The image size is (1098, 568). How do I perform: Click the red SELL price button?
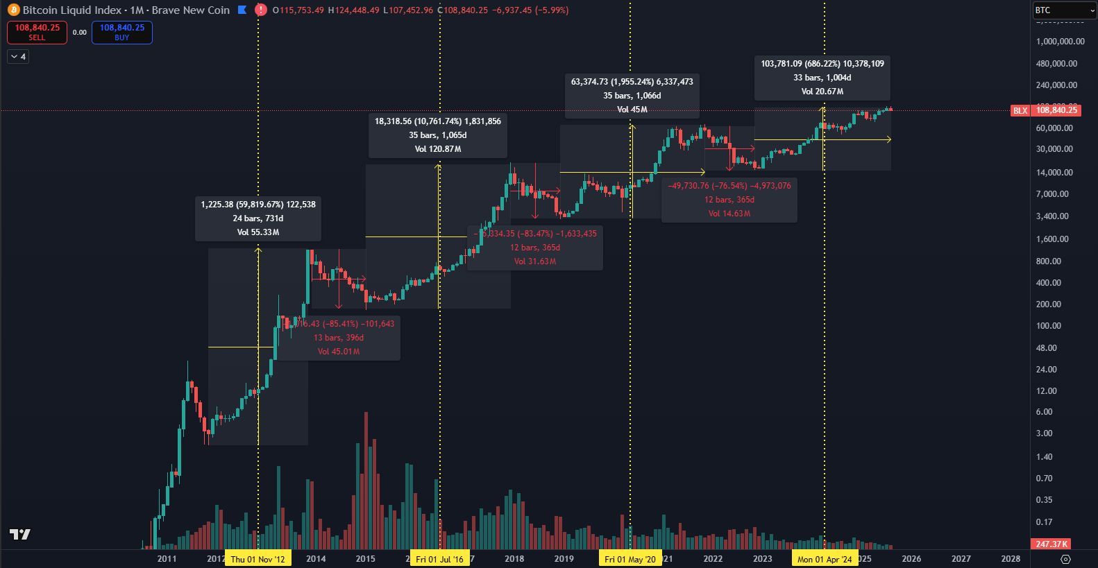coord(37,32)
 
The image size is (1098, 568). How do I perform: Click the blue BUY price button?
coord(121,32)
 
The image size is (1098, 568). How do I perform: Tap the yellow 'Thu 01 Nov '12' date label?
coord(257,559)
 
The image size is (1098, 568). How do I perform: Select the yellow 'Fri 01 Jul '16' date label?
coord(439,559)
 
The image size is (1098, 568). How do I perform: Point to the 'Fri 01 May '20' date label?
coord(630,559)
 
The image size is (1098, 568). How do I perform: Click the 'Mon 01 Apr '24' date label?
coord(825,559)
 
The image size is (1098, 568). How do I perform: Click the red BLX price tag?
coord(1020,110)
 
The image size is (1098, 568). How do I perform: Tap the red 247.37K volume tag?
coord(1051,544)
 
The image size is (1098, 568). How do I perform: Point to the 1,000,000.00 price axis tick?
coord(1060,42)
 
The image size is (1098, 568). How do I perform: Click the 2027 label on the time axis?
coord(961,559)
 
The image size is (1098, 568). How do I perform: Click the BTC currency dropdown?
coord(1063,10)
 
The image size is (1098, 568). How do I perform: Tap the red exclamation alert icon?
coord(261,10)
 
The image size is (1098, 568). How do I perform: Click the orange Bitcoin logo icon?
coord(13,10)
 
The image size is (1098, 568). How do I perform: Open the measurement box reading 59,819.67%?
coord(258,218)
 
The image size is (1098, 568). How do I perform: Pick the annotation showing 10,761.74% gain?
coord(438,135)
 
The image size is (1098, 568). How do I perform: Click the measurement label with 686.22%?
coord(822,78)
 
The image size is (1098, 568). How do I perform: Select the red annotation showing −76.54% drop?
coord(729,200)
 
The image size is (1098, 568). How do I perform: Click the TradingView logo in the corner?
coord(20,534)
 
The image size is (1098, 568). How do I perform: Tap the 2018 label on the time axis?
coord(514,559)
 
